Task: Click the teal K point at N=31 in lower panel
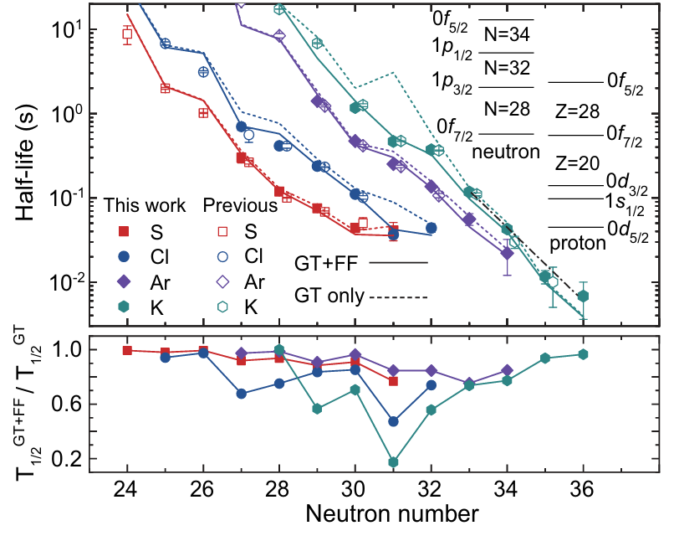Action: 393,461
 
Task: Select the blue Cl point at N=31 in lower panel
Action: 393,421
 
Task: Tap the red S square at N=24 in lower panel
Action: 127,350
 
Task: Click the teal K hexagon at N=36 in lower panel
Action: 584,354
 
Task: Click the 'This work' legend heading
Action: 138,205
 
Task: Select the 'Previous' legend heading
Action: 242,205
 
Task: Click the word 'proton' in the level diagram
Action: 577,243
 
